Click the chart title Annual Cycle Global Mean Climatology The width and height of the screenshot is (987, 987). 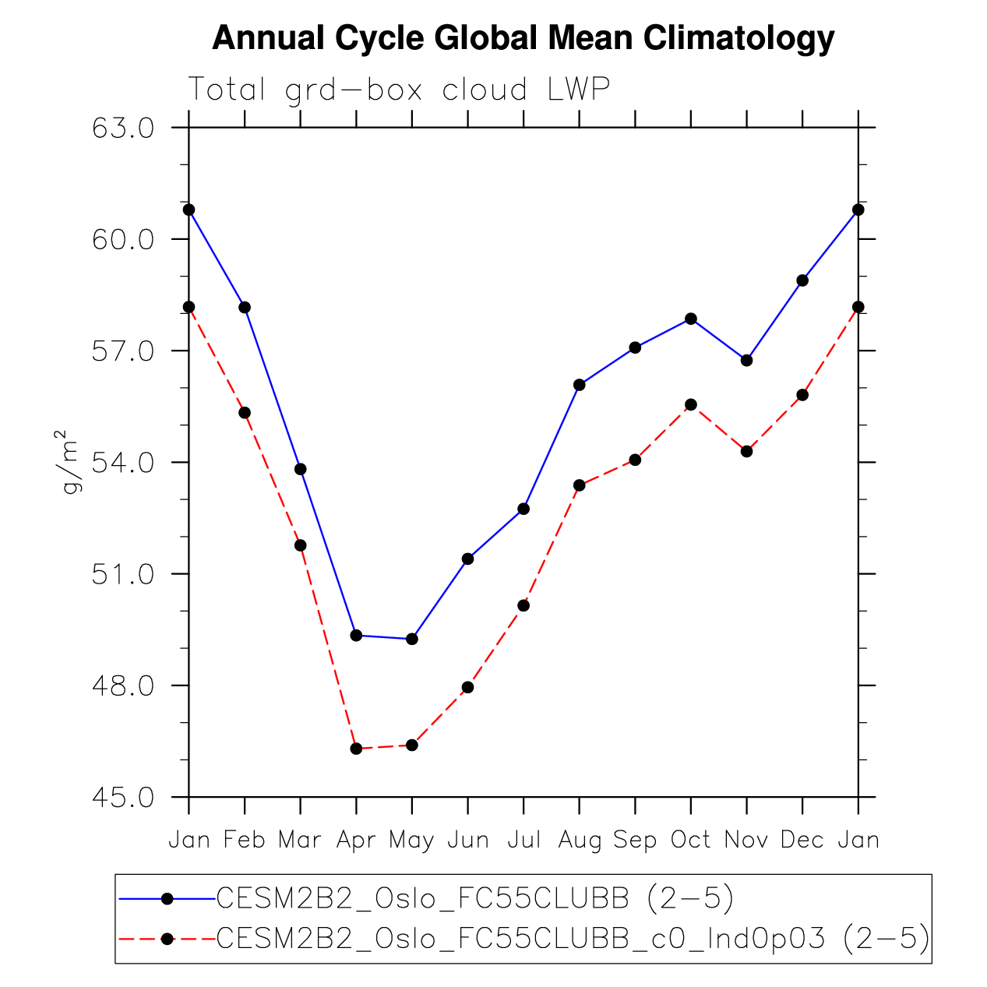point(523,38)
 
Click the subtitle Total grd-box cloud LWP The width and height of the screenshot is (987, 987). point(398,90)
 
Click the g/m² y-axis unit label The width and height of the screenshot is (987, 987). point(69,461)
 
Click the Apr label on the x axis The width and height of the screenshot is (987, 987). point(356,840)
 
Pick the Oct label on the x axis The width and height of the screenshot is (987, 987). point(691,840)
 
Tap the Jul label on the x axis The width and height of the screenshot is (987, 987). point(523,840)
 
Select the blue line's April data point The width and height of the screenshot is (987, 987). point(357,636)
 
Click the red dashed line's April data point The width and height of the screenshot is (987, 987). point(357,749)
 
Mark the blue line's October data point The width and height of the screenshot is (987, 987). point(691,319)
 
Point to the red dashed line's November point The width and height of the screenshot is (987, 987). point(747,451)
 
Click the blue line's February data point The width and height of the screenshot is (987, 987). point(245,307)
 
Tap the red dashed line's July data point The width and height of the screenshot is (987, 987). point(523,605)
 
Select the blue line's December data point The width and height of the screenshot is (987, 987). point(802,280)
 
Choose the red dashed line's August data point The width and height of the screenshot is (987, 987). point(580,485)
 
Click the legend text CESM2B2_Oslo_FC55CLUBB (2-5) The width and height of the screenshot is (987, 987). point(474,899)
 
